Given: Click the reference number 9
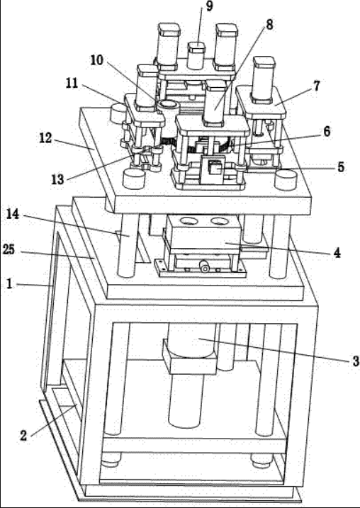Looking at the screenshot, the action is click(209, 6).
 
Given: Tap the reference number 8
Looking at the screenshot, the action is click(269, 25).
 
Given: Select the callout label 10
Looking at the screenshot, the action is click(96, 60).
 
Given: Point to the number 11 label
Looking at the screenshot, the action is click(72, 84).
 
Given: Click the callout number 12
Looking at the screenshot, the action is click(45, 138).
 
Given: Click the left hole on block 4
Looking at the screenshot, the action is click(189, 221).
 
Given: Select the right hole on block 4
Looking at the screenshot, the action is click(220, 221).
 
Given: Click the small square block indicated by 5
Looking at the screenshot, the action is click(215, 169).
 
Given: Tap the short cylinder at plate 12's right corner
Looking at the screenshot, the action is click(286, 180).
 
